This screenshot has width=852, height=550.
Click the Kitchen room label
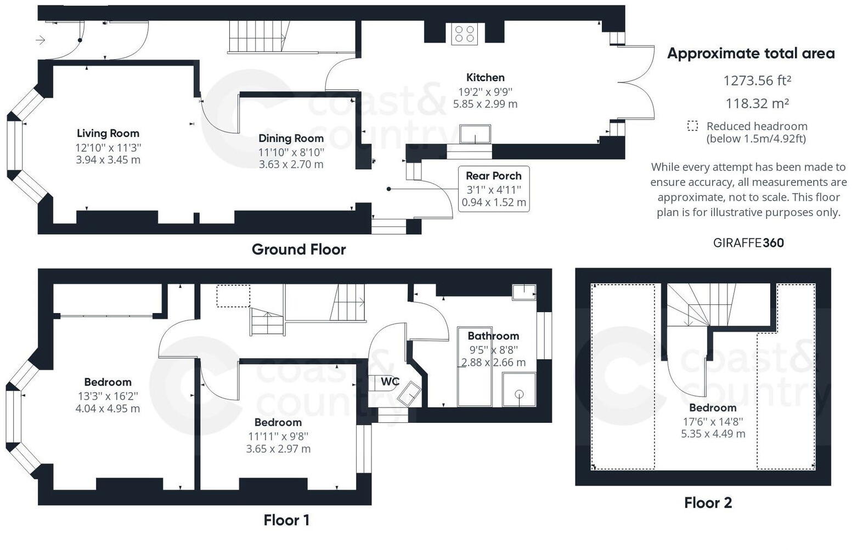485,77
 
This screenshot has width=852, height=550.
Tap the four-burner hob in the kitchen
464,33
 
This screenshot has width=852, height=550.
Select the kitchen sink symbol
475,134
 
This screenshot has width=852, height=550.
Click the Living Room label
108,133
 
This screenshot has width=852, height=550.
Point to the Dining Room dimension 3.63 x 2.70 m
291,164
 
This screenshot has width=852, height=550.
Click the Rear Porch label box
494,189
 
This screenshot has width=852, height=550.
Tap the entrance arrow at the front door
41,40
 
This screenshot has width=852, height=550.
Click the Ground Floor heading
298,250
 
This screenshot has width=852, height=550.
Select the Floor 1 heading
286,520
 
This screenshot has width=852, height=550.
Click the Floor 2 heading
708,503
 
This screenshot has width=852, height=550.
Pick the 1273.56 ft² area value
757,81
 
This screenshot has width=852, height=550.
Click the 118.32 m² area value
757,103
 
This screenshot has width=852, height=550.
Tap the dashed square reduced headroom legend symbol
692,126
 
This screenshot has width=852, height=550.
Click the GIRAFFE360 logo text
748,243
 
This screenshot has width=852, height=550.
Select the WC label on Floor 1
390,382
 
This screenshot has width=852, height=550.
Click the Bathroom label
493,336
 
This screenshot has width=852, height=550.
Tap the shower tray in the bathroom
519,390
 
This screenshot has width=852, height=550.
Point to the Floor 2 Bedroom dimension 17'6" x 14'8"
713,422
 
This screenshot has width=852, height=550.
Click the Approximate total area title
751,54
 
